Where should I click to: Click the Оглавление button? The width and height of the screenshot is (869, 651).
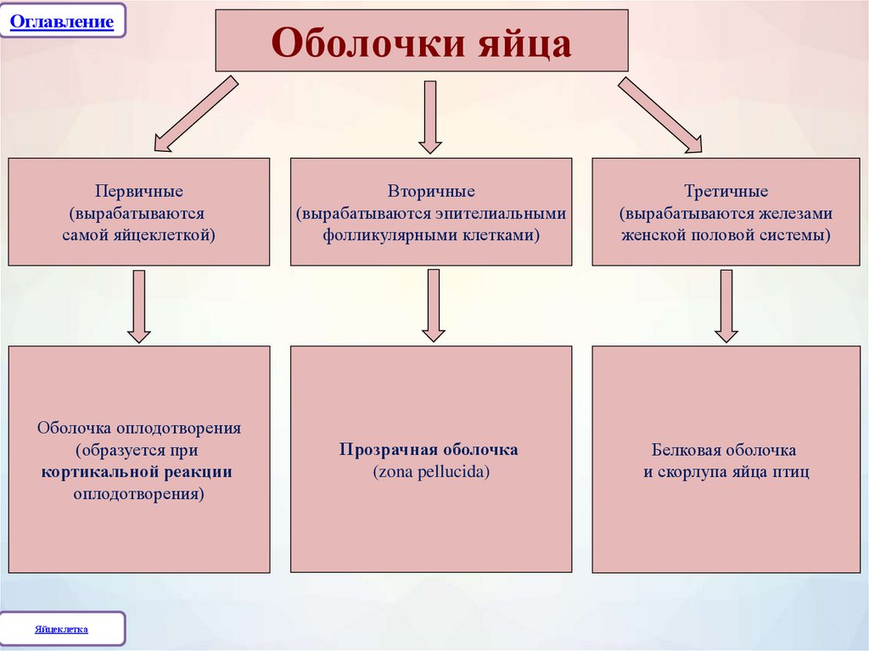pos(62,20)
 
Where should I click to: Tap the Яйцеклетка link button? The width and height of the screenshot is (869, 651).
pos(62,630)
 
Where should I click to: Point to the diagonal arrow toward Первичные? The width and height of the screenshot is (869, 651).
pos(194,114)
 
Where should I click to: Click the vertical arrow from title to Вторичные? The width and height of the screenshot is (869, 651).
pos(430,116)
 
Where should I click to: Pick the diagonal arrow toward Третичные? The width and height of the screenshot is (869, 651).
pos(660,114)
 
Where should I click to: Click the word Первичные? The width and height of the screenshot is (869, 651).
pos(139,192)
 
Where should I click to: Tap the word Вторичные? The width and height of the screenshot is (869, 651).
pos(431,192)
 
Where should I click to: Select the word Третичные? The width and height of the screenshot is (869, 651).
pos(726,192)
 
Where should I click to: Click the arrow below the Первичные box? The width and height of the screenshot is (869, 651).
pos(139,306)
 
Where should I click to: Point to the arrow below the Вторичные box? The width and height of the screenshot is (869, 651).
pos(433,306)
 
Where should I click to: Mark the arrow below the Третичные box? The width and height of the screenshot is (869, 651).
pos(726,306)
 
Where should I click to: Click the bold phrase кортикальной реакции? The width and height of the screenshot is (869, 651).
pos(137,471)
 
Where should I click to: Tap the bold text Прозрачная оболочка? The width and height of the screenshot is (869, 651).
pos(429,450)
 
